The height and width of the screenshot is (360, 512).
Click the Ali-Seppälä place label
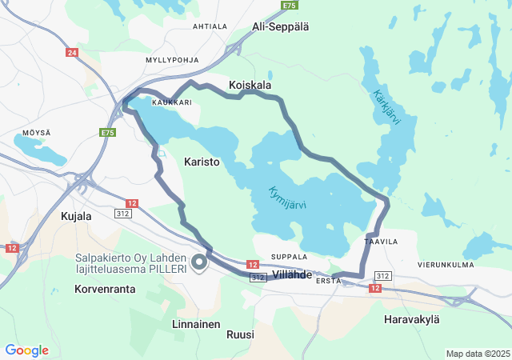pos(280,26)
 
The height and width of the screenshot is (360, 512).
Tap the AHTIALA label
pos(210,26)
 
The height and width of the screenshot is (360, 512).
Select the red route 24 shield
pos(73,53)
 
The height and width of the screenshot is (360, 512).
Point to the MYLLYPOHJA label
pos(170,60)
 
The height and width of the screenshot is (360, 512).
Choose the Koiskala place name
pos(250,85)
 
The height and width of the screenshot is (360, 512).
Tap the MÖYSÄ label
pos(36,132)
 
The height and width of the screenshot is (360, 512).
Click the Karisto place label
pos(202,162)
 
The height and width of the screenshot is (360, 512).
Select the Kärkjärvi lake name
pos(386,107)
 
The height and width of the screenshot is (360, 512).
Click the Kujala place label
pos(77,216)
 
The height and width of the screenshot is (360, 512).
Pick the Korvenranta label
pos(105,289)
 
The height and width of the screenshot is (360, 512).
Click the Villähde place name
pos(292,274)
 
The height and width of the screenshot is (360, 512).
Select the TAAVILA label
pos(381,241)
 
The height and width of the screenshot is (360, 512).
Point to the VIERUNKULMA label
pos(446,264)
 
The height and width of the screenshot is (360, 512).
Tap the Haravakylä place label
pos(412,319)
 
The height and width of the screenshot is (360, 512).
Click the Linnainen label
pos(196,324)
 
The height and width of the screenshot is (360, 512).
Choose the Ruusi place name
pos(240,334)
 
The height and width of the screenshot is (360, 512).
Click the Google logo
pos(26,350)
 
